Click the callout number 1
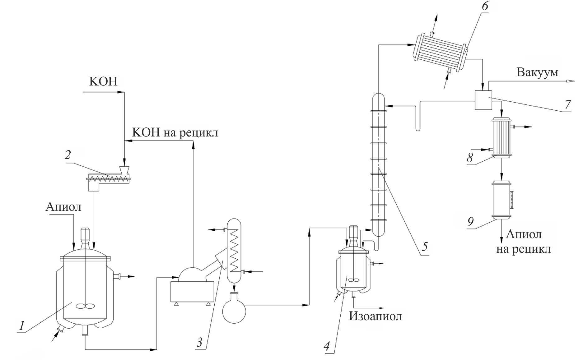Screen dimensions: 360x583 [x=21, y=326]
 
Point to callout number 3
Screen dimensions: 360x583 [x=199, y=342]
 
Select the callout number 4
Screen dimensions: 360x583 [x=326, y=346]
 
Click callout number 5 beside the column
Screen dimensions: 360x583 [x=425, y=247]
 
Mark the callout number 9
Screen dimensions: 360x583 [x=471, y=222]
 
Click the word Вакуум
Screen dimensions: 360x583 [x=537, y=72]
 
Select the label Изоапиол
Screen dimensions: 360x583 [x=375, y=316]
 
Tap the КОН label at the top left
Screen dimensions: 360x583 [x=103, y=81]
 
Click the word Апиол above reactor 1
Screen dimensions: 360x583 [x=63, y=207]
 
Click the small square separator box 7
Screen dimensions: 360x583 [x=483, y=100]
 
